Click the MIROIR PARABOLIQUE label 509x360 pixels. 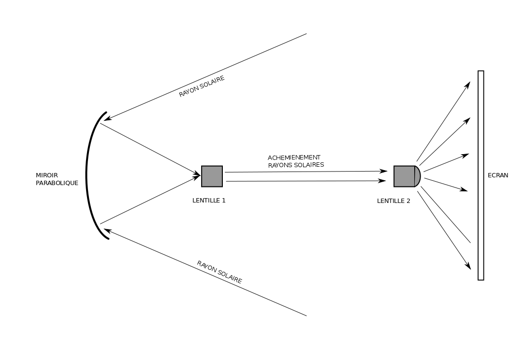(57, 179)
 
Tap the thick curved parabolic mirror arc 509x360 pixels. (87, 174)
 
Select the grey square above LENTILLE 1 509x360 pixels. (212, 176)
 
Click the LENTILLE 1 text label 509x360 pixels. (209, 201)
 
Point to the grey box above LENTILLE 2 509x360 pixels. (404, 176)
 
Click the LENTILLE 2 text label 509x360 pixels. (393, 201)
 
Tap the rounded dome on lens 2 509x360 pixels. (418, 176)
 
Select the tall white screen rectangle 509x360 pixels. (480, 175)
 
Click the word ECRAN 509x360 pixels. (498, 175)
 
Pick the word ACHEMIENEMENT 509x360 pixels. (294, 158)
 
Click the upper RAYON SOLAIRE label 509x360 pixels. (202, 86)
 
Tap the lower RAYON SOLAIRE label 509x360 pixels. (219, 272)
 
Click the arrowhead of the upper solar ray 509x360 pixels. (108, 118)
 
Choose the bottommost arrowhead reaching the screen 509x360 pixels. (468, 266)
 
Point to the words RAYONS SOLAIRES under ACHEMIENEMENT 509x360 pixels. (296, 165)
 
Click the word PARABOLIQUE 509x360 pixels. (57, 183)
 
